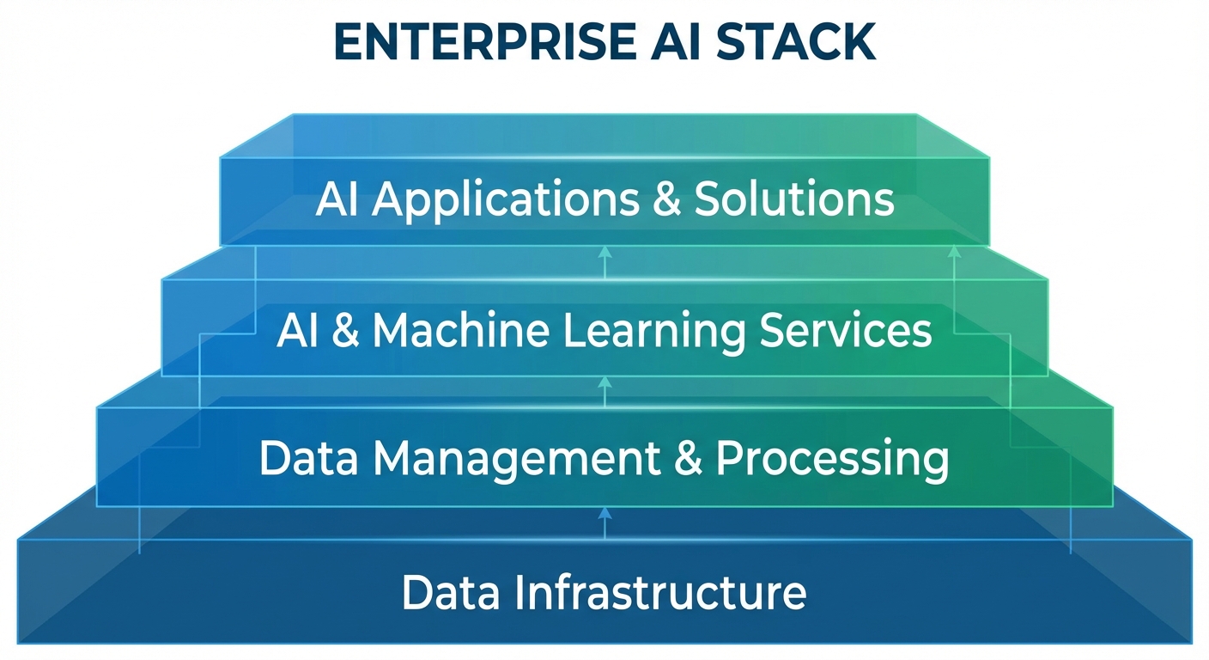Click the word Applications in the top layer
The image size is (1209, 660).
[x=507, y=200]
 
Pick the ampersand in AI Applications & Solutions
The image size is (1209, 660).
[x=666, y=199]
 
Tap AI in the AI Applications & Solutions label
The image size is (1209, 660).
[x=337, y=199]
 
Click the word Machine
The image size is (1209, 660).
[x=460, y=330]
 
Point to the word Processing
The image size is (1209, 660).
[x=833, y=460]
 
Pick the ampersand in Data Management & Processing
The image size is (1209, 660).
[x=689, y=459]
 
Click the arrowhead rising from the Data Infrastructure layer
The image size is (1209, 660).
[x=604, y=512]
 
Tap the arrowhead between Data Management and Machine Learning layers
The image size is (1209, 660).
[x=604, y=381]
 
